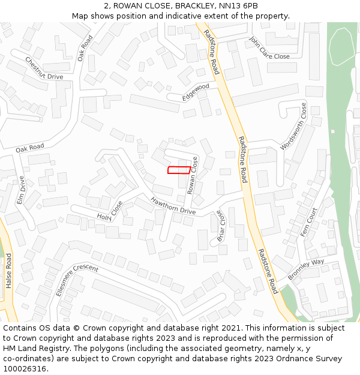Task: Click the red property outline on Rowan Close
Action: tap(179, 170)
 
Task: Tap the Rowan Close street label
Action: tap(193, 175)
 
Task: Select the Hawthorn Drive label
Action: tap(173, 206)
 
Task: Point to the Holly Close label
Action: tap(110, 211)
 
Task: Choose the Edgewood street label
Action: tap(196, 91)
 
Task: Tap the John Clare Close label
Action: tap(269, 48)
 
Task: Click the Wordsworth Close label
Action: tap(293, 126)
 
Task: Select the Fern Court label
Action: tap(308, 223)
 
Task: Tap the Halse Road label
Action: tap(9, 271)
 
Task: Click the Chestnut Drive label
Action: tap(44, 68)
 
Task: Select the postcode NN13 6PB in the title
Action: tap(238, 6)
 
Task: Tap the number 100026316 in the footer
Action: tap(25, 368)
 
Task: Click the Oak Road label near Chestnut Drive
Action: tap(85, 49)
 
